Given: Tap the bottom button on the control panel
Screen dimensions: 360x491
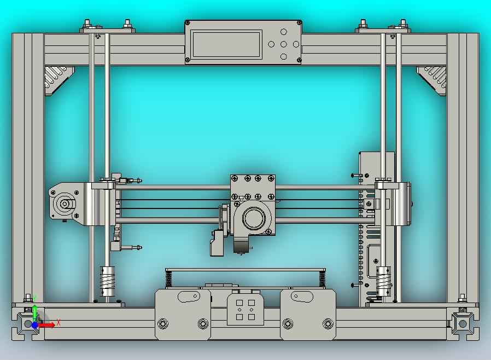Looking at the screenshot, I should coord(284,56).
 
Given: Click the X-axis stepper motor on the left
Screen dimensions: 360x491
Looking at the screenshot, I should coord(65,204).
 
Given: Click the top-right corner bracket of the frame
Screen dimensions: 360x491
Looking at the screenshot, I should coord(433,78).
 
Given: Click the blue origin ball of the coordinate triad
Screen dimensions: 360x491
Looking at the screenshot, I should coord(34,325).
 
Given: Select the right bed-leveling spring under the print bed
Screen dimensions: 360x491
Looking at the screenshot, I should coord(322,279).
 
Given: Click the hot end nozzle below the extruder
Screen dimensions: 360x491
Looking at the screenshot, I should coord(241,248).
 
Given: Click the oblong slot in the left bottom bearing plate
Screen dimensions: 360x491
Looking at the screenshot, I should coord(189,297).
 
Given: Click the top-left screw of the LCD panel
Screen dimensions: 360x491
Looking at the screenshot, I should coord(188,23).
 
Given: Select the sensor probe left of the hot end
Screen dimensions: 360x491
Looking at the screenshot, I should coord(217,243).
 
